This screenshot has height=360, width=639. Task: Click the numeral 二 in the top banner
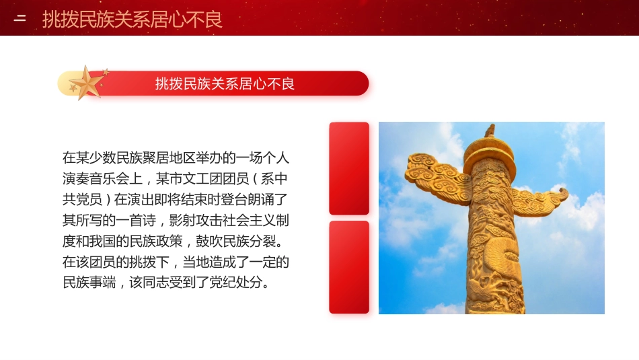tap(20, 19)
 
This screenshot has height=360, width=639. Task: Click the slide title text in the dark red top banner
tap(132, 19)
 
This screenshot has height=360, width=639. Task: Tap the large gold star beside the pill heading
tap(87, 83)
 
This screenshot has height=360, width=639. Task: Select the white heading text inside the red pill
tap(225, 83)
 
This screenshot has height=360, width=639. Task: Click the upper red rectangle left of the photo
tap(348, 168)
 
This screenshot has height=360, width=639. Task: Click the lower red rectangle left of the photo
tap(348, 267)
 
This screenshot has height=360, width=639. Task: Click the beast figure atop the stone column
tap(490, 131)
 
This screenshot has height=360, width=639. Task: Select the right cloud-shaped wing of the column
tap(541, 200)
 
